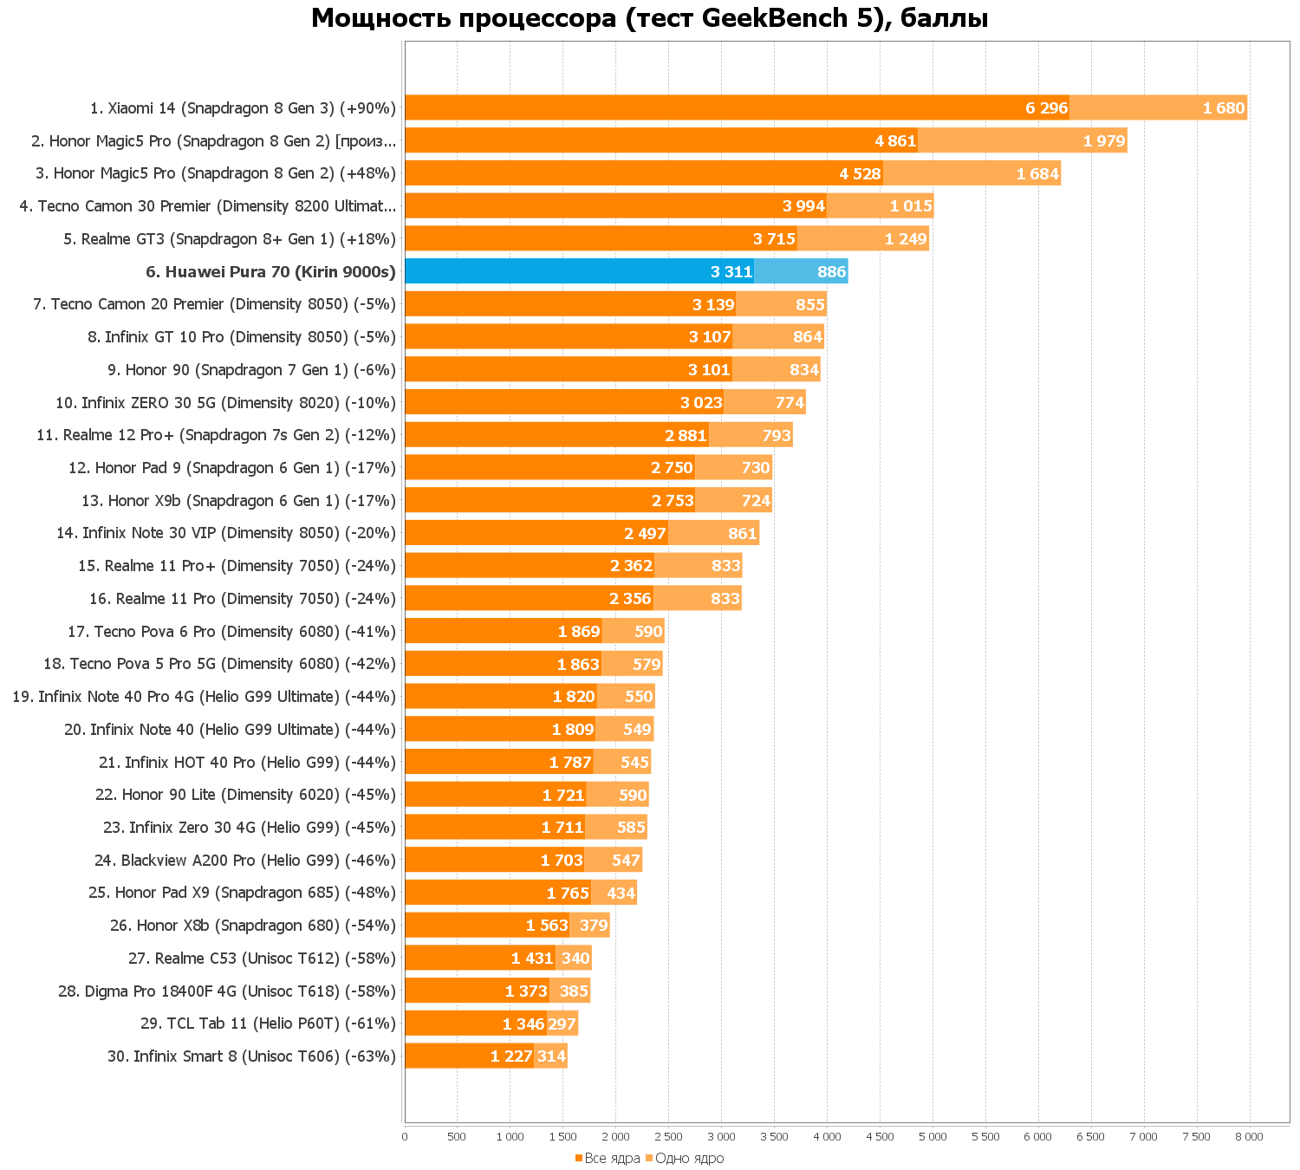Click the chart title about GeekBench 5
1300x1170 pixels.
pos(649,18)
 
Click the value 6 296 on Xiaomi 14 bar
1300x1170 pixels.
pos(1046,108)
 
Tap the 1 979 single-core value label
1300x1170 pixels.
pos(1103,140)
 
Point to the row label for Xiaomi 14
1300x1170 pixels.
pos(243,108)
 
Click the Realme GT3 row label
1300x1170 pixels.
pos(229,239)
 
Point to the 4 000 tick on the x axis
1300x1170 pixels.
pos(827,1136)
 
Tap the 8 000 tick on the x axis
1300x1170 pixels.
pos(1249,1136)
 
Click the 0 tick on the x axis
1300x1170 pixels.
pos(405,1136)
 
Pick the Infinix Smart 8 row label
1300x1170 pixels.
pos(251,1056)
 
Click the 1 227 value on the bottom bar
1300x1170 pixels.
pos(511,1056)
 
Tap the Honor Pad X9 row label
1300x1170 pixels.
pos(242,893)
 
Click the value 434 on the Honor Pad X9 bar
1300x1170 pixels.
pos(621,894)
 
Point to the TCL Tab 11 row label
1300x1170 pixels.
pos(268,1024)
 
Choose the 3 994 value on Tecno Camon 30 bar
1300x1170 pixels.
pos(803,206)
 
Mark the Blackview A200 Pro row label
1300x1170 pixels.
pos(244,861)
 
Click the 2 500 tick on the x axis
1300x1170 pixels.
pos(668,1136)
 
